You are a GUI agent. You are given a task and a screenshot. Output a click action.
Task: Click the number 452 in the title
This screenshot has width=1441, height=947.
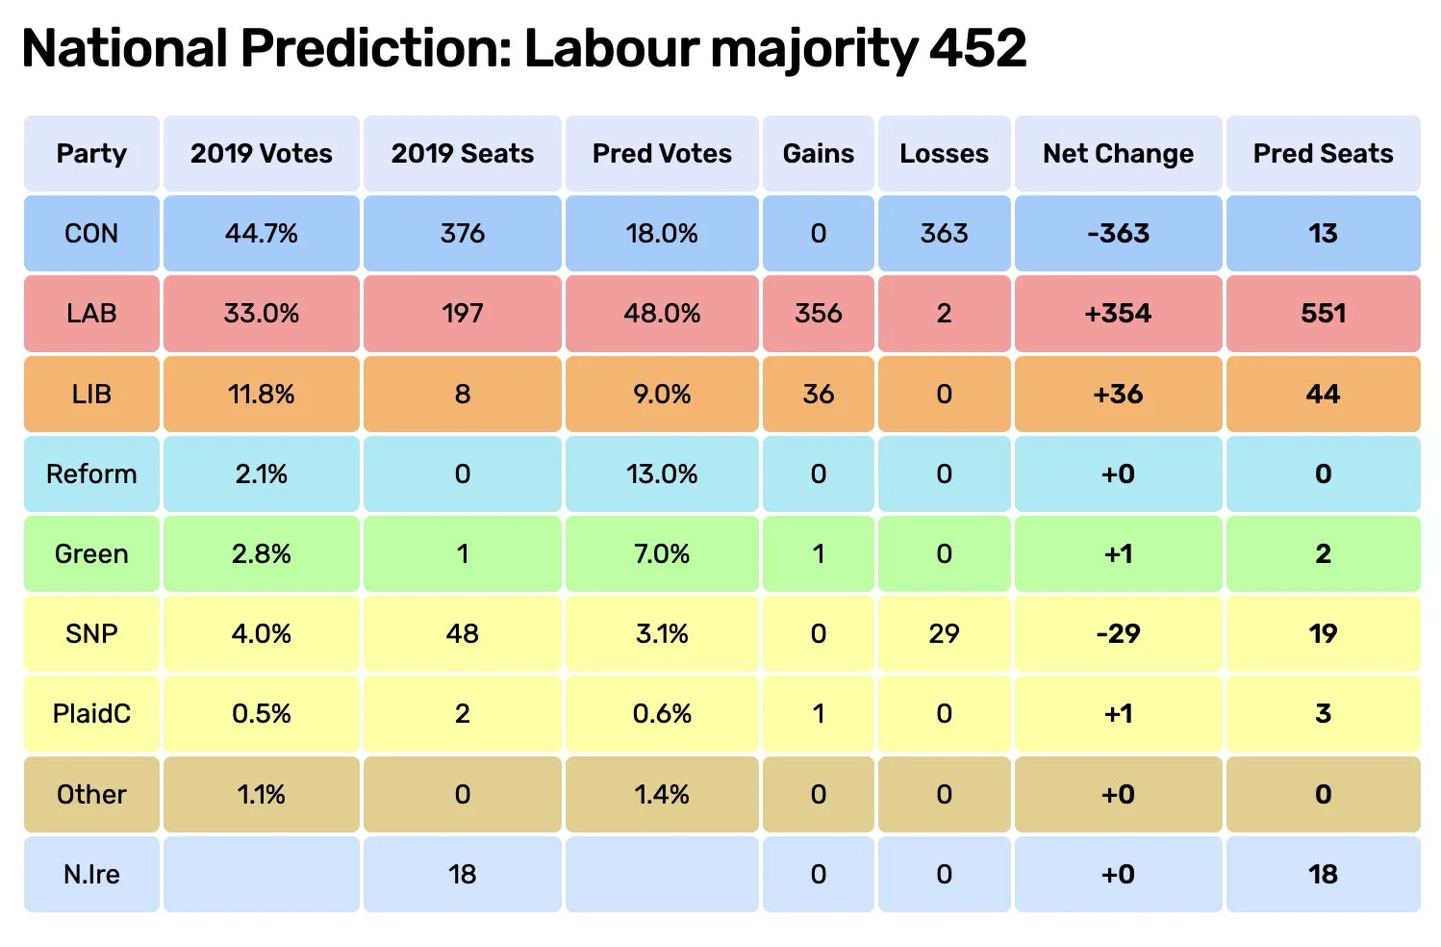point(977,48)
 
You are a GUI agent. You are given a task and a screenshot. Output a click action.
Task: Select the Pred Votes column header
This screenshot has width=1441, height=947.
point(662,153)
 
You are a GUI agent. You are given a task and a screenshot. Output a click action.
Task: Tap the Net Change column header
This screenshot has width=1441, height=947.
point(1118,153)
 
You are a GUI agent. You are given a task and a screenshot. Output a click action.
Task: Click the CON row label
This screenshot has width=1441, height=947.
point(91,233)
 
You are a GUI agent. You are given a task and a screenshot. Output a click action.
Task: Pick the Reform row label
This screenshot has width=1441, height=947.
point(91,473)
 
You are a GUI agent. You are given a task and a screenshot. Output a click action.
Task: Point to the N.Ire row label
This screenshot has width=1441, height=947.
point(91,874)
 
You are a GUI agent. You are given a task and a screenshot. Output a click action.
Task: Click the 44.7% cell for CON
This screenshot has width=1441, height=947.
point(262,233)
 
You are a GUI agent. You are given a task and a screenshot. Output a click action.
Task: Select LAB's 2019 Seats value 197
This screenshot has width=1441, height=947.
point(463,314)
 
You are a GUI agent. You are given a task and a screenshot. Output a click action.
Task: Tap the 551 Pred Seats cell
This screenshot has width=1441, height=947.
point(1324,314)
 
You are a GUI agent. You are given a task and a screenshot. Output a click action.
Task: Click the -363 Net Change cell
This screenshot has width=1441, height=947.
point(1118,233)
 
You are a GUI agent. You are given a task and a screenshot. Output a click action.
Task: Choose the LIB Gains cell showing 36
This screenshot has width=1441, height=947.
point(819,394)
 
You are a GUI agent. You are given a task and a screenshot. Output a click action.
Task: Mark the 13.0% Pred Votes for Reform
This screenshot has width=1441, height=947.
point(662,473)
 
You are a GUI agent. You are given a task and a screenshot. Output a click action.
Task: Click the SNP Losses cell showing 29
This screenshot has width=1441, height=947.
point(944,633)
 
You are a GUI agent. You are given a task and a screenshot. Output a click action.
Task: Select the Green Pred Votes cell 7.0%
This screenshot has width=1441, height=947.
point(662,553)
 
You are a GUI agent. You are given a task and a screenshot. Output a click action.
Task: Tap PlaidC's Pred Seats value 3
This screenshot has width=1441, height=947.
point(1324,713)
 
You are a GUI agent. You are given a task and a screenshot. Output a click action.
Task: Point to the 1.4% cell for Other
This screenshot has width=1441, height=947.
point(662,794)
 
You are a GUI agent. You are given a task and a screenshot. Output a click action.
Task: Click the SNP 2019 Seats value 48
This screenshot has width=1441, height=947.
point(463,633)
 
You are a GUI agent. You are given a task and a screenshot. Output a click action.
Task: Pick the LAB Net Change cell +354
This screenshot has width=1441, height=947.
point(1118,314)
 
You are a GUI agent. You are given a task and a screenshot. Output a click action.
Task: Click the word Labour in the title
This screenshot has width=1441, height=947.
point(611,48)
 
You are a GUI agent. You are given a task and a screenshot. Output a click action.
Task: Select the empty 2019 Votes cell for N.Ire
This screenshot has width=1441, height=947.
point(262,874)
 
